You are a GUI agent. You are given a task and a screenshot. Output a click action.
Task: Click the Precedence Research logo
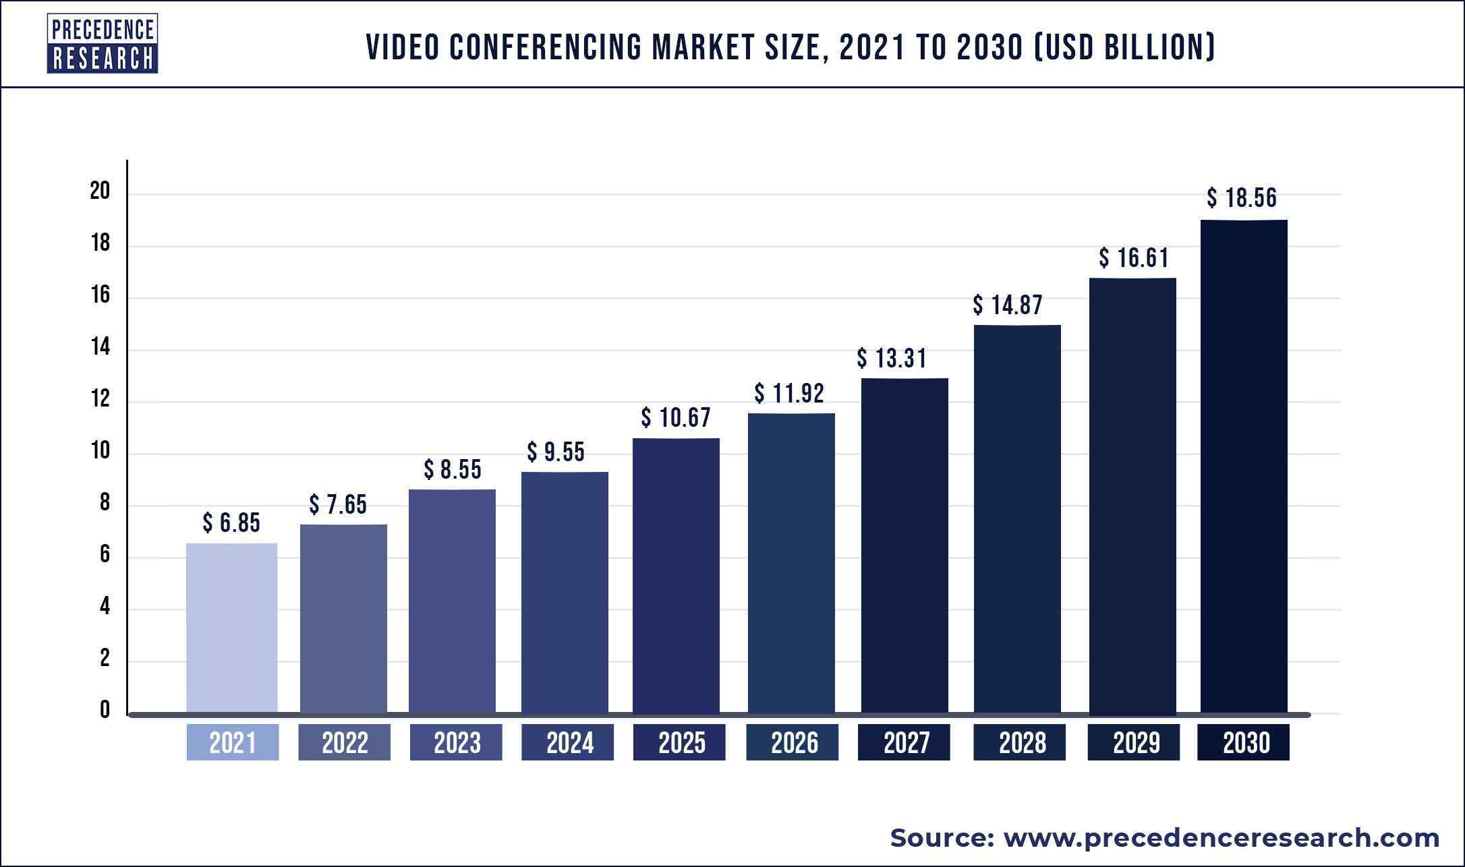(103, 43)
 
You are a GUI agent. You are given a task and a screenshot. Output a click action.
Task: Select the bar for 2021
(231, 627)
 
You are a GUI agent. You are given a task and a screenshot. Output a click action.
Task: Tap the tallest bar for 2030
(1244, 465)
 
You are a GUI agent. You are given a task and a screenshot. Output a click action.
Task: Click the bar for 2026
(791, 563)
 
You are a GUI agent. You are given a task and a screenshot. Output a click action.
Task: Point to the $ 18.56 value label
(1242, 198)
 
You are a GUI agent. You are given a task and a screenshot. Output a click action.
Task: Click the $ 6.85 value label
(231, 523)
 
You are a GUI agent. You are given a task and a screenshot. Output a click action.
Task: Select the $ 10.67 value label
(676, 418)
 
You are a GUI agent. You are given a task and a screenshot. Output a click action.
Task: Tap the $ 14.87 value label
(1008, 305)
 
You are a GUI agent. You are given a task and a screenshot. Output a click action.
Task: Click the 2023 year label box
(456, 742)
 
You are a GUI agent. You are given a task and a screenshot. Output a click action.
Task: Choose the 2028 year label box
(1019, 742)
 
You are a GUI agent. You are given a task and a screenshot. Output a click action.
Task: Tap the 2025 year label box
(679, 742)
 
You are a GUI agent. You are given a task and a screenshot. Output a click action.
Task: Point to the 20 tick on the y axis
(100, 191)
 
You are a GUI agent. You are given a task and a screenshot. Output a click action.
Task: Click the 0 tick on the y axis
(105, 710)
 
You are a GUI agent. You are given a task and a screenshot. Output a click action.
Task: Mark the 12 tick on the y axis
(100, 399)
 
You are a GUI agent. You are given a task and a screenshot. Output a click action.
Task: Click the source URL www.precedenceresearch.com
(1222, 838)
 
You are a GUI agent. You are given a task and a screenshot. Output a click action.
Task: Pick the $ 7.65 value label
(338, 504)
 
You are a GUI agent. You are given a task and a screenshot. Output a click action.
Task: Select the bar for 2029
(1132, 496)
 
